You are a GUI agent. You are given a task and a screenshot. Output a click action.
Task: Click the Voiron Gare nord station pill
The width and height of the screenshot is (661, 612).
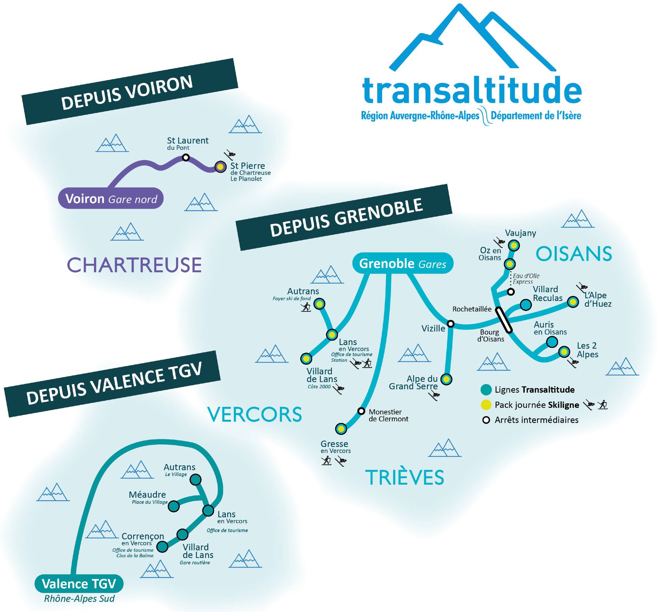(111, 198)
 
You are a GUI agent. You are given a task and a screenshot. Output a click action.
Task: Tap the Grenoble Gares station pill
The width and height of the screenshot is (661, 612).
(402, 263)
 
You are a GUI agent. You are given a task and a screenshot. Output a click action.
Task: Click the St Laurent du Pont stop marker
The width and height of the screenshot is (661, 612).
(186, 157)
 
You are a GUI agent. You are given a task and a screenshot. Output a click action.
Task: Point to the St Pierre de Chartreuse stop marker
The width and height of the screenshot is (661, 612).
(220, 167)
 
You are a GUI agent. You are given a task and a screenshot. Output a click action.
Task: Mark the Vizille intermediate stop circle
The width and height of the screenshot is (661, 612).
(450, 324)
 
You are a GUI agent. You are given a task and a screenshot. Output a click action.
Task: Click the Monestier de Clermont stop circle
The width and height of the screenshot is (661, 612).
(361, 411)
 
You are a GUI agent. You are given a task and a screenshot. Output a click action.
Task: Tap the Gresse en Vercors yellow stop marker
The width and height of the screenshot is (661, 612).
(341, 429)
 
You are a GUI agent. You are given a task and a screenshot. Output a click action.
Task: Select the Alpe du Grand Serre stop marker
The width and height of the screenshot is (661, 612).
(446, 379)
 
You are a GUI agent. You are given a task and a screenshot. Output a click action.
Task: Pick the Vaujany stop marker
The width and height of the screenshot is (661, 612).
(514, 246)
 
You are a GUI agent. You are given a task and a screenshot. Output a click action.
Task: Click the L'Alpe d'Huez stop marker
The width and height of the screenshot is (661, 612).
(573, 302)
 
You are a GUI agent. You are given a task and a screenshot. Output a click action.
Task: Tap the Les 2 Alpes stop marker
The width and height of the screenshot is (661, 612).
(564, 352)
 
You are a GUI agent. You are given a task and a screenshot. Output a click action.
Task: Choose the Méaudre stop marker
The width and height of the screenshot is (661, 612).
(174, 506)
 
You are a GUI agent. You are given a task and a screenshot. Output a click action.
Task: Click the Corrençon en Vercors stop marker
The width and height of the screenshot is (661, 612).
(162, 546)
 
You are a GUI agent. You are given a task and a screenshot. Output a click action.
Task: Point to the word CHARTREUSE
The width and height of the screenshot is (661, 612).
(134, 265)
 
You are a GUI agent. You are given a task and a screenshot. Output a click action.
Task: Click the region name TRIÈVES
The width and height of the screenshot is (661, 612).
(405, 477)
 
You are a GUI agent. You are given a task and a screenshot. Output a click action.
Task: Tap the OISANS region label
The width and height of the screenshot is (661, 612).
(574, 254)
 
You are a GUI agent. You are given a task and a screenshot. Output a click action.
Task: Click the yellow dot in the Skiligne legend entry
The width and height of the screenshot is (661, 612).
(486, 405)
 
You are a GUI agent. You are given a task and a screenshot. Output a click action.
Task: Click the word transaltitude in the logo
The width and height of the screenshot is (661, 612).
(472, 90)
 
